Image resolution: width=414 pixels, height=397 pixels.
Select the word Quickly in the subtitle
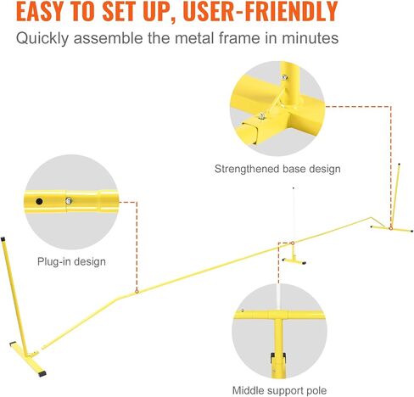pyautogui.click(x=42, y=38)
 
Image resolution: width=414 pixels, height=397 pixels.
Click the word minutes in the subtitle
pyautogui.click(x=310, y=38)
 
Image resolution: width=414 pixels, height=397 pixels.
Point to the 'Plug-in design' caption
pyautogui.click(x=71, y=261)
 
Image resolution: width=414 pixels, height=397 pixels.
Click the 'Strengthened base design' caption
pyautogui.click(x=277, y=169)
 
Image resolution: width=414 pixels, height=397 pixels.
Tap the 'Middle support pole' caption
pyautogui.click(x=279, y=390)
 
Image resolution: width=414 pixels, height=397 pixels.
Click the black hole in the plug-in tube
pyautogui.click(x=39, y=202)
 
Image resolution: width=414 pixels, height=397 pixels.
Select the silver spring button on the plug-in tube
pyautogui.click(x=69, y=201)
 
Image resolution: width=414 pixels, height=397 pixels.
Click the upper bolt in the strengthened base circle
pyautogui.click(x=284, y=77)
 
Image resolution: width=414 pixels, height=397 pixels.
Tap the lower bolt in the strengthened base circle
pyautogui.click(x=262, y=116)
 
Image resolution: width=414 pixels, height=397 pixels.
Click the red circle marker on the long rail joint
pyautogui.click(x=137, y=292)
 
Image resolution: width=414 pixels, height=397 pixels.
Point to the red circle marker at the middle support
pyautogui.click(x=293, y=243)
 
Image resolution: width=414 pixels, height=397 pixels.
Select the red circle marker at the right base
pyautogui.click(x=390, y=228)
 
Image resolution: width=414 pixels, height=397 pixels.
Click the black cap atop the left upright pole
pyautogui.click(x=3, y=239)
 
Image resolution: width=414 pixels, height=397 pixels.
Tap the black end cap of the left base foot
pyautogui.click(x=42, y=373)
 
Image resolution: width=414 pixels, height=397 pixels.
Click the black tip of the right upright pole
pyautogui.click(x=399, y=164)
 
